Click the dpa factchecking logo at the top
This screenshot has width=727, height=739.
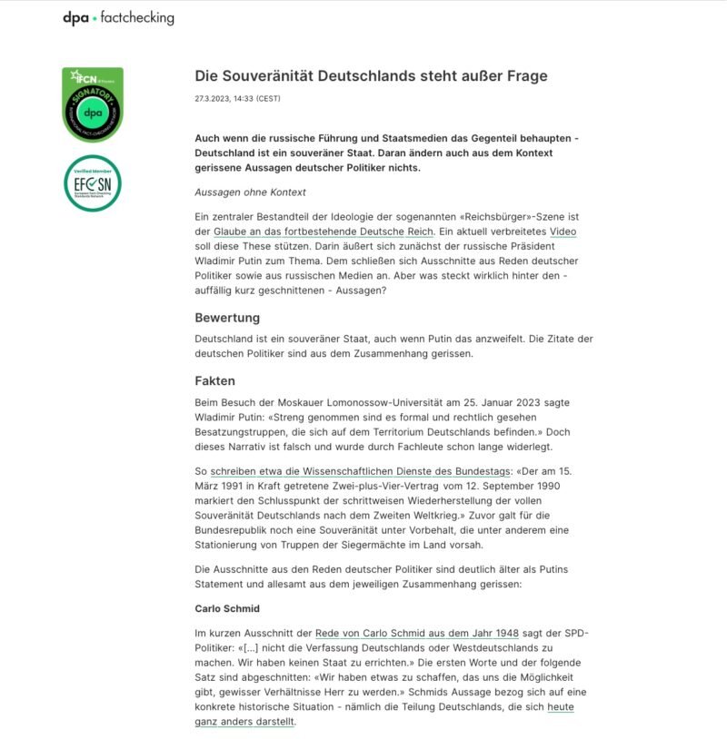[118, 17]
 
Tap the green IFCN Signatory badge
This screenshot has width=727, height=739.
[93, 104]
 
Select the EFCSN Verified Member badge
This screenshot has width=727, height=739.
[93, 183]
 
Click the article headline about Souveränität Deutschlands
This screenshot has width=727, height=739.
[371, 75]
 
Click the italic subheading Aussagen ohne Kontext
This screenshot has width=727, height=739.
[250, 192]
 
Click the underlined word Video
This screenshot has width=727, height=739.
[563, 232]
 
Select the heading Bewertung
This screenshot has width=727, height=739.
[227, 318]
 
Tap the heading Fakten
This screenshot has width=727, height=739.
[214, 381]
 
